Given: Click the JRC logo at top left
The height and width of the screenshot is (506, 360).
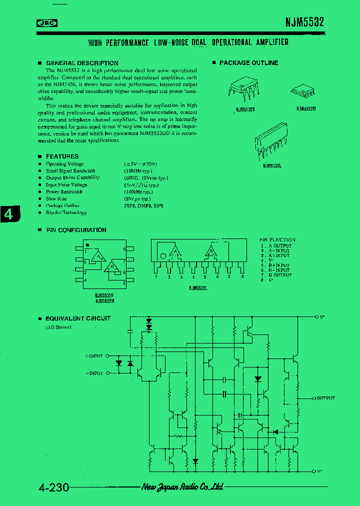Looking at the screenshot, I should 47,22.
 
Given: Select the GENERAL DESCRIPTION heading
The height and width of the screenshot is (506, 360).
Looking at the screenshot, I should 82,63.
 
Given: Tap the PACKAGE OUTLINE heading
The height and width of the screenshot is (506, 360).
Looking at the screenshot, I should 248,62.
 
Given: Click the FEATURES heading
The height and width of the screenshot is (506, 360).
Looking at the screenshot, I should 62,156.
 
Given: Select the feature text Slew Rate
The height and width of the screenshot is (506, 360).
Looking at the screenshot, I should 56,198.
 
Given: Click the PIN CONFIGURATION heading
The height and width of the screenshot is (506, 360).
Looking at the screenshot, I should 76,230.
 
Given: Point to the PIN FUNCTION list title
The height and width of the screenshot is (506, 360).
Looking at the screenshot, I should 277,240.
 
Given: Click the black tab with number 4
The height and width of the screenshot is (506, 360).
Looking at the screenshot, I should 9,213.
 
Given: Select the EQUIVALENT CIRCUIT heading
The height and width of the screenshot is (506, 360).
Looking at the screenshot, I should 78,318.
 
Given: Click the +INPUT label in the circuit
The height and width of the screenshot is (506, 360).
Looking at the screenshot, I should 94,356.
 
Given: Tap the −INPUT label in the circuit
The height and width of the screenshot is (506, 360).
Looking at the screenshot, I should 94,373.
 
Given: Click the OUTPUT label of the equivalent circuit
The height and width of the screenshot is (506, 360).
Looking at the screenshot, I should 325,398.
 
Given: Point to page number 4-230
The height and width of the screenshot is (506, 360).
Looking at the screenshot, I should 53,487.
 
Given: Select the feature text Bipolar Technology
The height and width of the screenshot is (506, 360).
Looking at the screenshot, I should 66,212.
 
